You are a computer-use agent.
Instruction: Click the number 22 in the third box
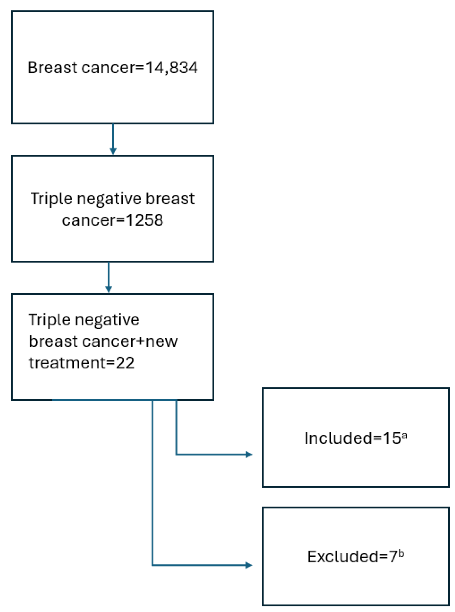coord(125,363)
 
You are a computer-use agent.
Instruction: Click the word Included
coord(338,438)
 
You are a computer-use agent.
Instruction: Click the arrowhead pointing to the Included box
coord(249,455)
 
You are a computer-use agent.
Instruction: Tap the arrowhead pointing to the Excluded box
coord(248,565)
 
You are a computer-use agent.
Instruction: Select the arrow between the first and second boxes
coord(113,139)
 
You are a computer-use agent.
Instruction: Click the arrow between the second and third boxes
coord(108,277)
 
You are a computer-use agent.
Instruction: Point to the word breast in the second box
coord(170,199)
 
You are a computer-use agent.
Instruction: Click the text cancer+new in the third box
coord(130,341)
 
